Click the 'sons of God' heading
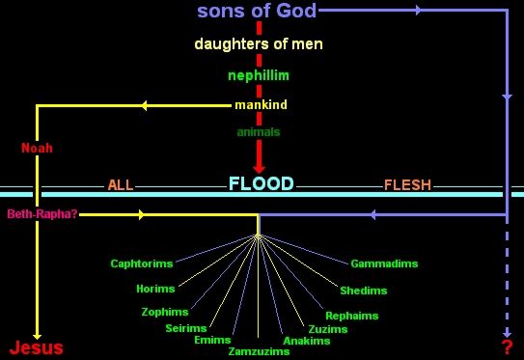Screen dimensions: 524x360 tap(257, 11)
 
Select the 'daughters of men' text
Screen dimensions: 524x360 tap(259, 44)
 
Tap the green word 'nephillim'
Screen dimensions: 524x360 tap(259, 75)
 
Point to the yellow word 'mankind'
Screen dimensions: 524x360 tap(261, 104)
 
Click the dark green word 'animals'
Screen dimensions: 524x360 tap(259, 132)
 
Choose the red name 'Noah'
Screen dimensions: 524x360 tap(37, 148)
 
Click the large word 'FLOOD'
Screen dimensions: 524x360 tap(261, 183)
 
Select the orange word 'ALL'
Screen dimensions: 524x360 tap(121, 185)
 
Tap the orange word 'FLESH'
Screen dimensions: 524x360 tap(407, 185)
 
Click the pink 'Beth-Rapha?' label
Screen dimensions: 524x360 tap(42, 214)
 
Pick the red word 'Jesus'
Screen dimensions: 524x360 tap(36, 347)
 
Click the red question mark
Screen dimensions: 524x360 tap(507, 347)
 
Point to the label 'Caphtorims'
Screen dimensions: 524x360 tap(142, 263)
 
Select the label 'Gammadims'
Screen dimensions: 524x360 tap(384, 263)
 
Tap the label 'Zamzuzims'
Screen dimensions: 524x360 tap(259, 351)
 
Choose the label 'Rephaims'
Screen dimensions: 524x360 tap(352, 316)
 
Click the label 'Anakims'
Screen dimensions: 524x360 tap(307, 341)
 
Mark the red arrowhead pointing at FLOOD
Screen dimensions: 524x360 tap(259, 168)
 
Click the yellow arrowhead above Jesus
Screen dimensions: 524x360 tap(37, 336)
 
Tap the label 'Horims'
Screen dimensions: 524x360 tap(155, 289)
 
